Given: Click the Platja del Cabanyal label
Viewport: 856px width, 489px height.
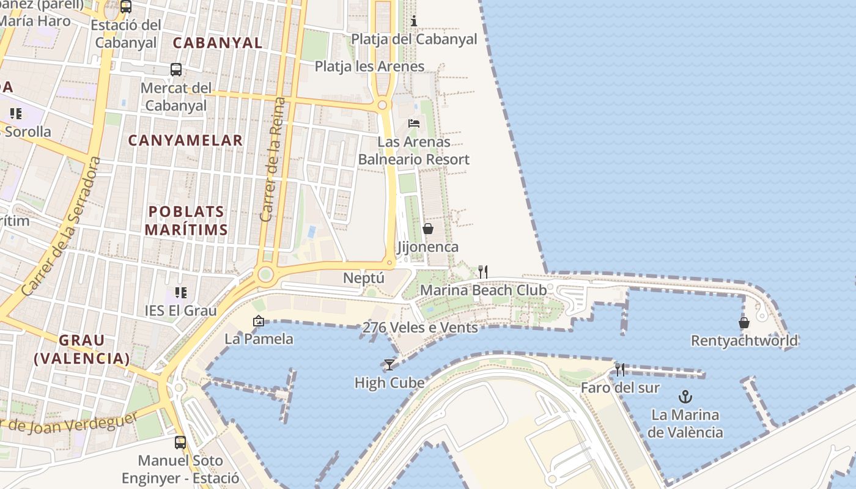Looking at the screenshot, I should [x=414, y=39].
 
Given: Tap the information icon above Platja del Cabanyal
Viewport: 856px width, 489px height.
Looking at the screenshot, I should [x=414, y=21].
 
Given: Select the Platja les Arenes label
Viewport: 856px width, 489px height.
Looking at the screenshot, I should [x=369, y=66].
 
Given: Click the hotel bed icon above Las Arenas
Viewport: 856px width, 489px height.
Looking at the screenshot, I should [x=414, y=123].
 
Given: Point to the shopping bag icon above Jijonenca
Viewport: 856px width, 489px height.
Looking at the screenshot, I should [x=428, y=229].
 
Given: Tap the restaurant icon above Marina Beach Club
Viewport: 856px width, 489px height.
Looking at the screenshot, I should [x=483, y=271].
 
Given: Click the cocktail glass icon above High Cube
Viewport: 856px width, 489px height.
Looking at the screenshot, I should [x=389, y=365].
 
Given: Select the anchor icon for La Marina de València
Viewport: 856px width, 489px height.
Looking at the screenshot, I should [x=685, y=397].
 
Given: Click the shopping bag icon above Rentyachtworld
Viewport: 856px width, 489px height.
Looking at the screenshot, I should [x=744, y=322].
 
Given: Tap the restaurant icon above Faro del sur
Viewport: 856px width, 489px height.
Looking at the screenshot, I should [x=620, y=369].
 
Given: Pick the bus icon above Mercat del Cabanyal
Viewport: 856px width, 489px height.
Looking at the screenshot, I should [x=176, y=70].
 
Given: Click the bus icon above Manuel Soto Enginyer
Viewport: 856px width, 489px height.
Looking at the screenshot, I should [x=180, y=442].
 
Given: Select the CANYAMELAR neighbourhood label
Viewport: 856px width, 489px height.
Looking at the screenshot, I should [x=185, y=141].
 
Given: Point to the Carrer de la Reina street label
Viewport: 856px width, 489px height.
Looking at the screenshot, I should [x=273, y=160].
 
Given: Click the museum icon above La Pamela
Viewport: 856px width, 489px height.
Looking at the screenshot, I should [x=259, y=321].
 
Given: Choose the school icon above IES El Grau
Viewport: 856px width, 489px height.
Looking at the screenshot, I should [x=180, y=293].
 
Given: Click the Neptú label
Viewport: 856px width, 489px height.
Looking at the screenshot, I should [x=364, y=278].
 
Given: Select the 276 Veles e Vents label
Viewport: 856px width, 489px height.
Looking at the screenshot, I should [x=420, y=328].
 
